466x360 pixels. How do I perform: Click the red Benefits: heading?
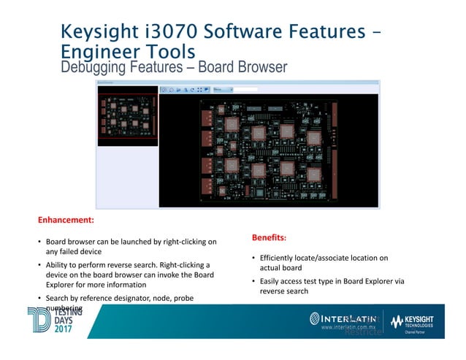pyautogui.click(x=270, y=237)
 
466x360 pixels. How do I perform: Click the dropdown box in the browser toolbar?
pyautogui.click(x=221, y=90)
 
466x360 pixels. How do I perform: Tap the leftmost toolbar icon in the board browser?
pyautogui.click(x=164, y=90)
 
